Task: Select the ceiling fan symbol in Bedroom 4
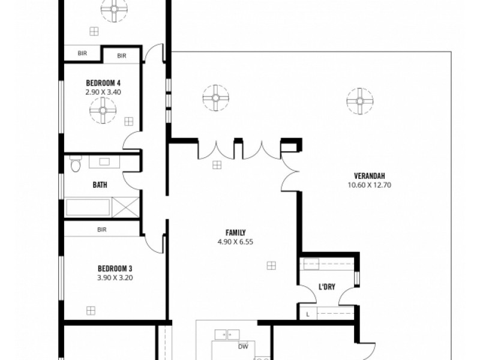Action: [103, 110]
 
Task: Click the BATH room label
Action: [100, 185]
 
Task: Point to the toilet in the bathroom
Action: [75, 165]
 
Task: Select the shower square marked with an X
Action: [127, 208]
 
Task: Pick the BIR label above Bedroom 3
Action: [102, 229]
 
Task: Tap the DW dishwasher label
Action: [243, 346]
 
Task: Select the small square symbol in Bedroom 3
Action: [91, 310]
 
